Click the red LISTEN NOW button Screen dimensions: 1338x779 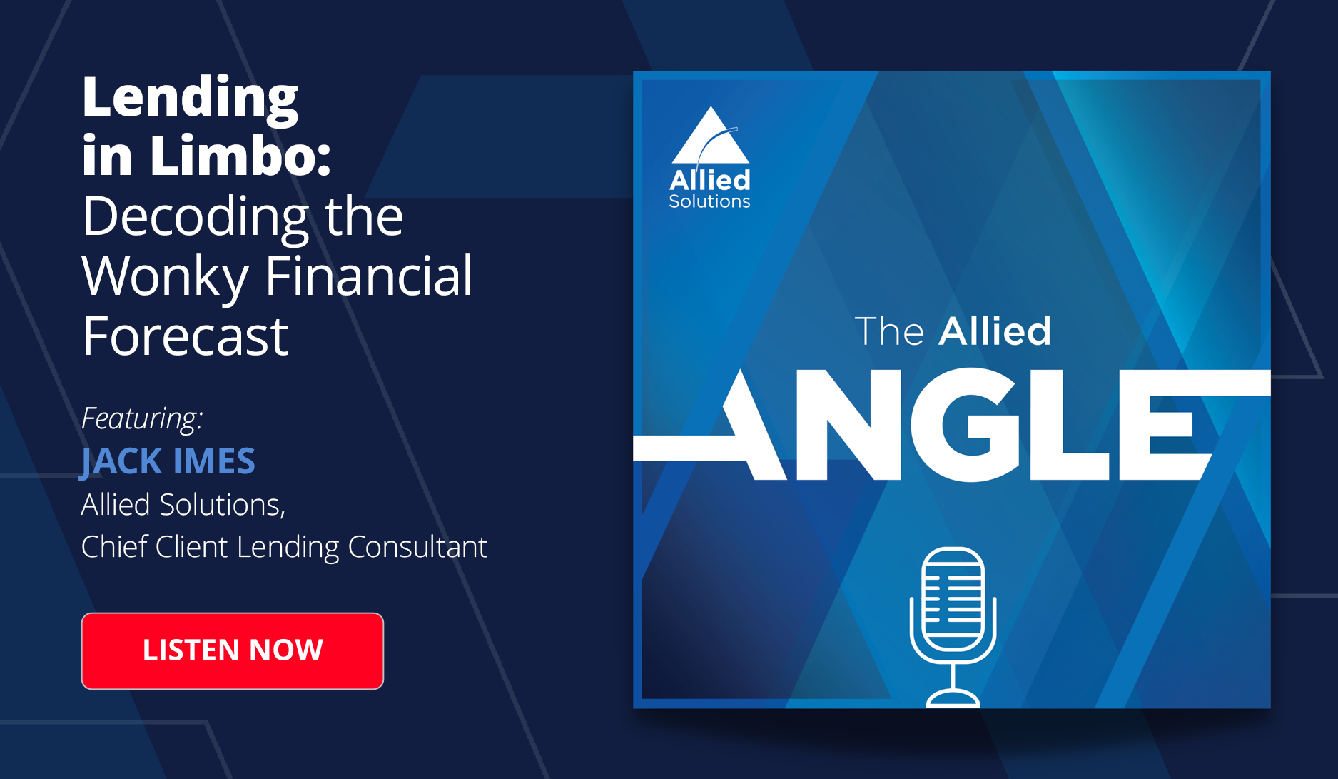233,650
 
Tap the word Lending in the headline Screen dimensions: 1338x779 191,99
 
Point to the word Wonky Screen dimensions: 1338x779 166,277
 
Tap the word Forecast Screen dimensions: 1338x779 185,336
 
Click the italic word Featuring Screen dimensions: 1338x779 142,418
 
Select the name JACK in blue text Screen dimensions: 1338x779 121,461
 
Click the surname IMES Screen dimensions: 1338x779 214,461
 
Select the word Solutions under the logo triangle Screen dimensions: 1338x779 709,201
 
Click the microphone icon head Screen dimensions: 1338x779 953,598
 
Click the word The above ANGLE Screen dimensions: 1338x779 889,331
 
